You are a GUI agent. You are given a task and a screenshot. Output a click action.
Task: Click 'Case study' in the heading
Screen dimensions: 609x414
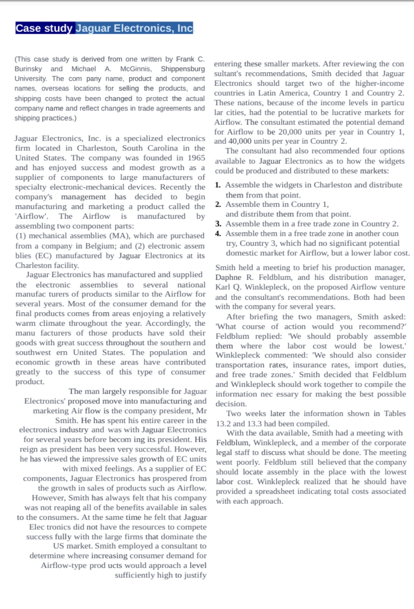[44, 28]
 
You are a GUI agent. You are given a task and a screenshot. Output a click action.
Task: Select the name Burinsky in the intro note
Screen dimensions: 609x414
[28, 69]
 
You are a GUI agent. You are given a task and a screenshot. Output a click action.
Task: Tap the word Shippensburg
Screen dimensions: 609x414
[183, 69]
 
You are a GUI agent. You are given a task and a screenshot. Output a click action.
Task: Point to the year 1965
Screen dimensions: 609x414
[196, 158]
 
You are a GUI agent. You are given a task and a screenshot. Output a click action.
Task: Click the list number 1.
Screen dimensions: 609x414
[218, 185]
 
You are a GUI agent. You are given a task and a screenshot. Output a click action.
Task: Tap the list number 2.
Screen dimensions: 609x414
[218, 204]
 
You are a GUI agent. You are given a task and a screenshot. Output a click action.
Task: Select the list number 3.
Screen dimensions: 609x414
[218, 224]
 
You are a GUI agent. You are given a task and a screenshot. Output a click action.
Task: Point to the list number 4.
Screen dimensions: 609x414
[218, 233]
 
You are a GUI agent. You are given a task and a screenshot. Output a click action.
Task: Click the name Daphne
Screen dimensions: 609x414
[228, 277]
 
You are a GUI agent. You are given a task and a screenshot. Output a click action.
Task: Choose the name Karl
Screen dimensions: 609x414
[222, 287]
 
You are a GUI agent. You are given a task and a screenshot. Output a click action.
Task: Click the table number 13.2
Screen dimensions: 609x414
[223, 424]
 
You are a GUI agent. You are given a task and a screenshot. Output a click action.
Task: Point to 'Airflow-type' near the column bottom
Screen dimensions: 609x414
[64, 566]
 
